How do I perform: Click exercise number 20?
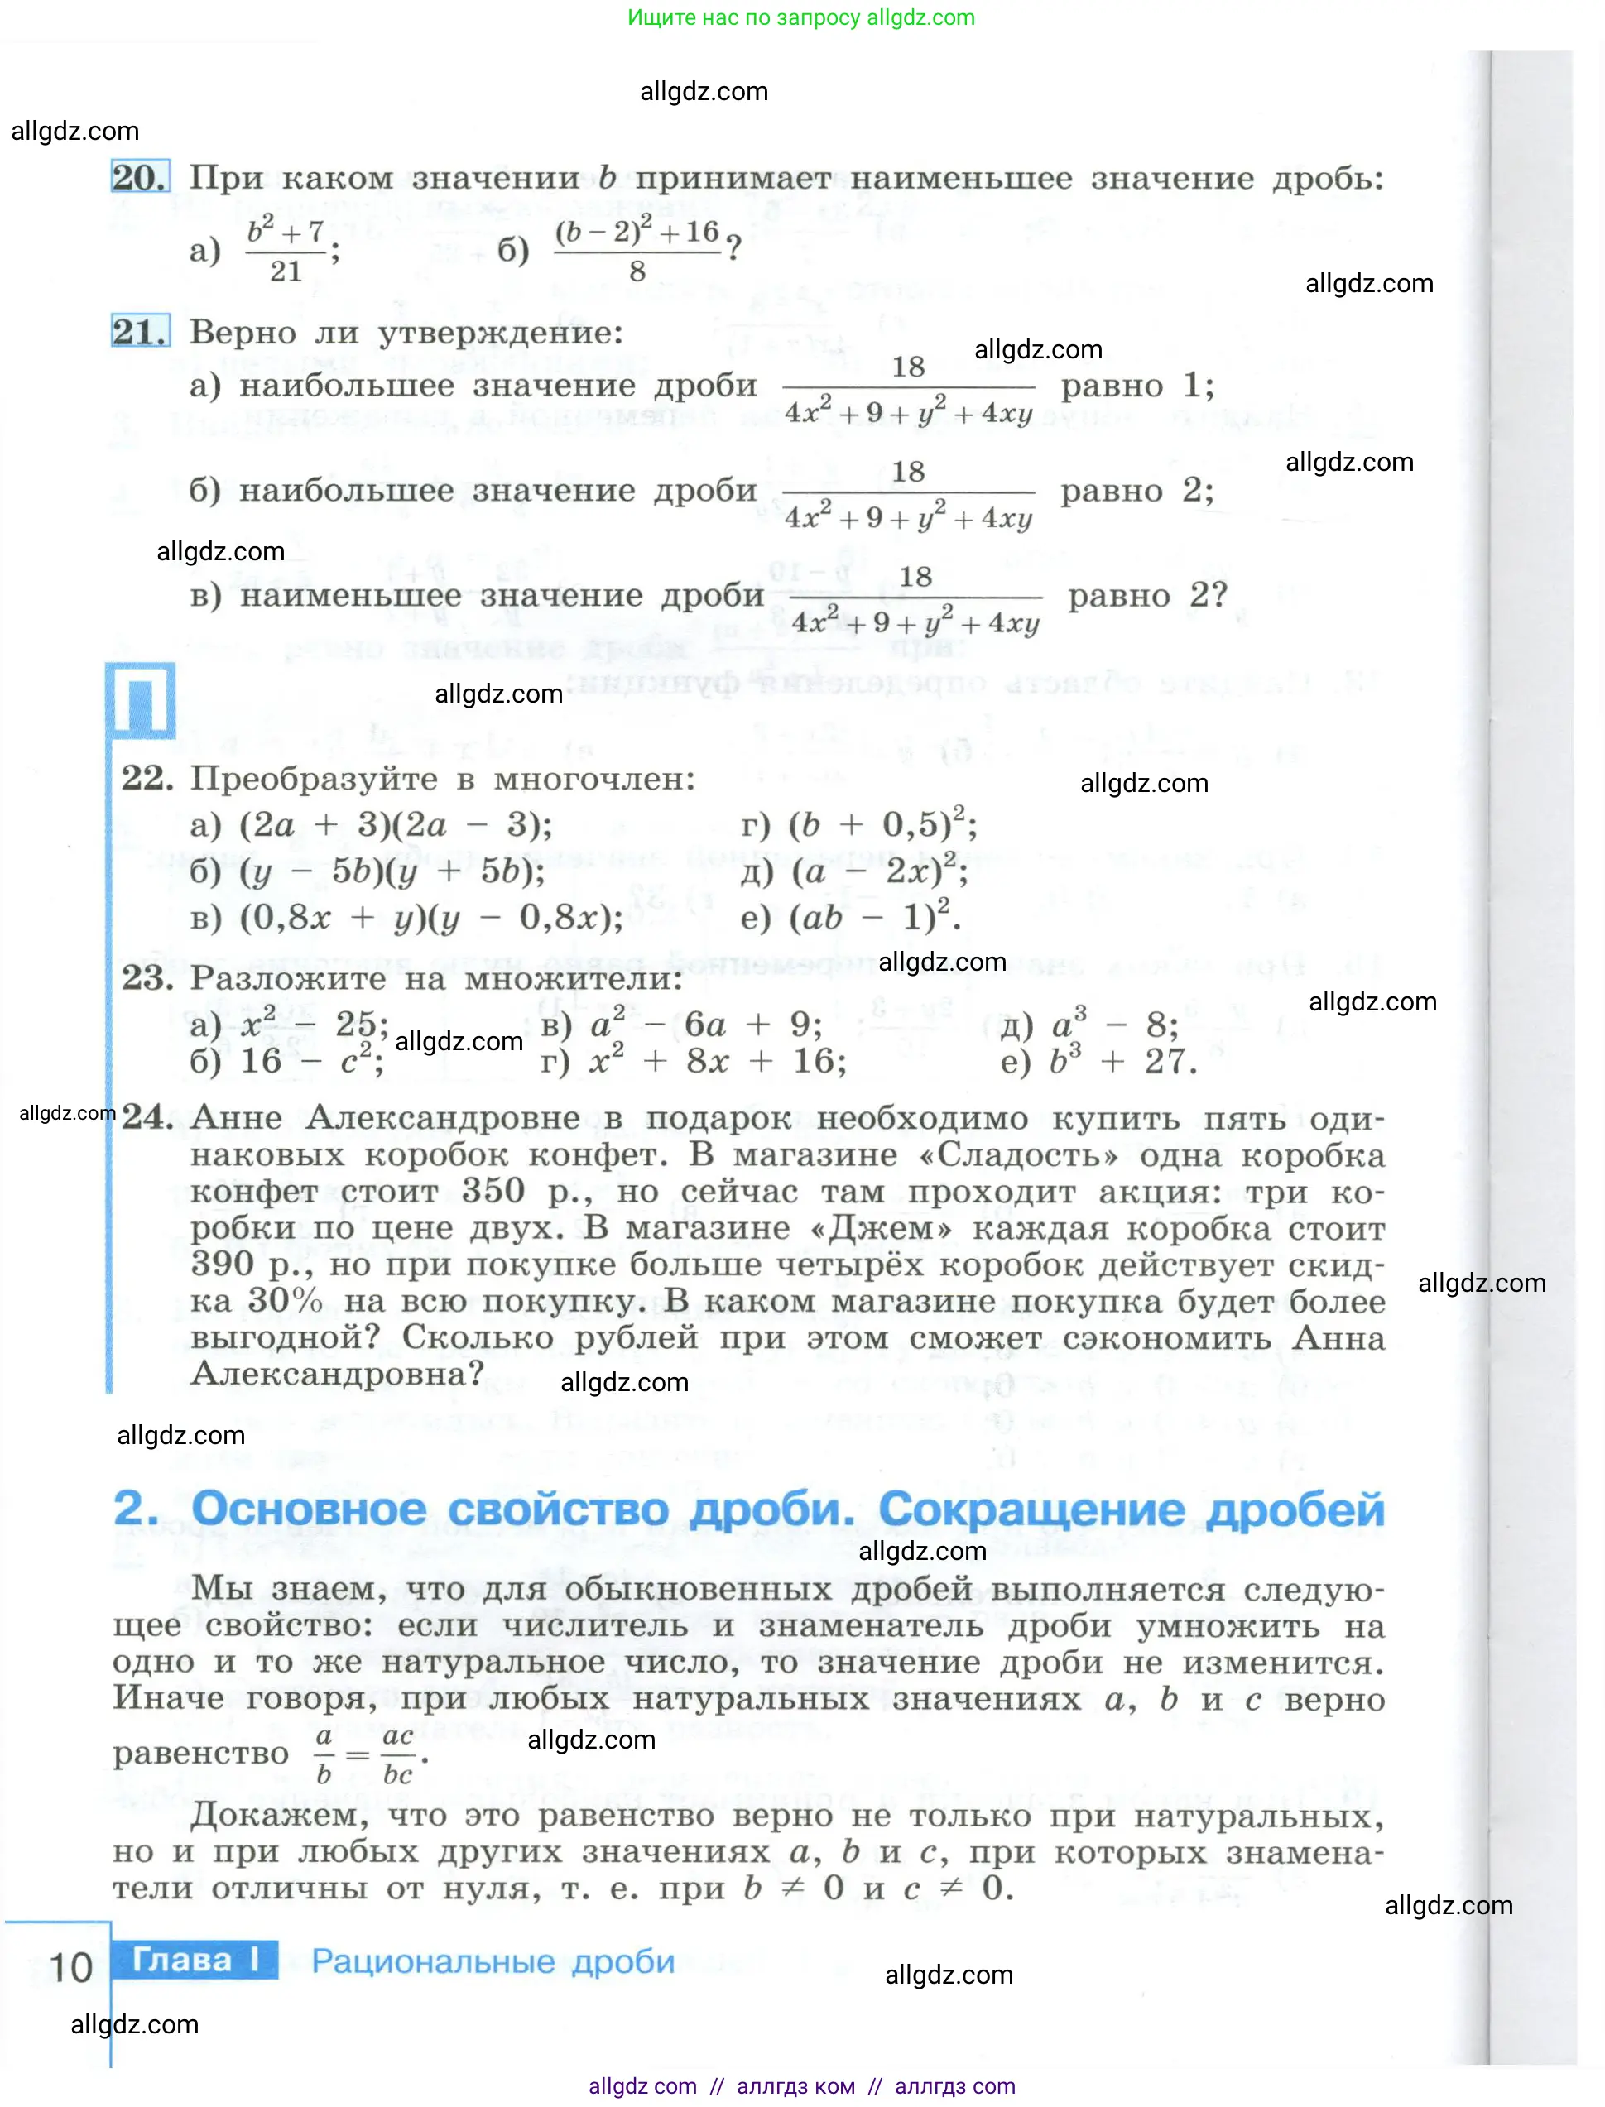pyautogui.click(x=140, y=178)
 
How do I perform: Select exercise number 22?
pyautogui.click(x=147, y=779)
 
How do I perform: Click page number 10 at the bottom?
pyautogui.click(x=70, y=1967)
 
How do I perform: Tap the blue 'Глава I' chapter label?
pyautogui.click(x=195, y=1960)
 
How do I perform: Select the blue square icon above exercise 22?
pyautogui.click(x=141, y=700)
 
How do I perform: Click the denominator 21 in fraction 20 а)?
pyautogui.click(x=286, y=271)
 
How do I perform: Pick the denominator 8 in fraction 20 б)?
pyautogui.click(x=637, y=272)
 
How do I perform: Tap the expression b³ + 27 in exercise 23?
pyautogui.click(x=1122, y=1061)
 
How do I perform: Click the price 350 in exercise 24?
pyautogui.click(x=493, y=1191)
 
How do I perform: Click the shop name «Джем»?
pyautogui.click(x=881, y=1228)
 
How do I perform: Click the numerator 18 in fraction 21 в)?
pyautogui.click(x=915, y=577)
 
